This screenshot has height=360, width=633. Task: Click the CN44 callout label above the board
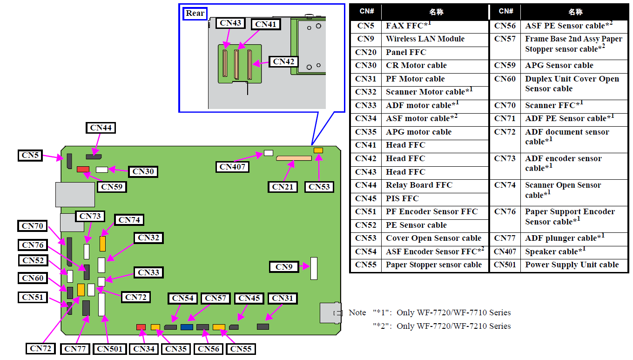[101, 128]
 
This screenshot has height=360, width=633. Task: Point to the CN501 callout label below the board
[110, 348]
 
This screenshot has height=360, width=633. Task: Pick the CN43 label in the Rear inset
[231, 23]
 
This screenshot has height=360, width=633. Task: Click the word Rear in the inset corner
[195, 14]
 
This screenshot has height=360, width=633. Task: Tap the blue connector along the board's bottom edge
[187, 327]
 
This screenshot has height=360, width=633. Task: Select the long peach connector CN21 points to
[293, 158]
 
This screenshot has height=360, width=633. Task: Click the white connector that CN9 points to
[314, 268]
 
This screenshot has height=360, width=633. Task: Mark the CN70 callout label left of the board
[33, 226]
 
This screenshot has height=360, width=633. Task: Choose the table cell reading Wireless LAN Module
[425, 39]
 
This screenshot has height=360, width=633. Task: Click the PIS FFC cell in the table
[402, 198]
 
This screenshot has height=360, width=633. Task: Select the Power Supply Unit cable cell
[572, 265]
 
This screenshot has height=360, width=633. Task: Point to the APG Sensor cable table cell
[559, 66]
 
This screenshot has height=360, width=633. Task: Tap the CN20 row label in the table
[366, 53]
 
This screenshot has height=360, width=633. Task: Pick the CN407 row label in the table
[505, 252]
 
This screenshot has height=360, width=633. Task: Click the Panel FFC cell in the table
[405, 53]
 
